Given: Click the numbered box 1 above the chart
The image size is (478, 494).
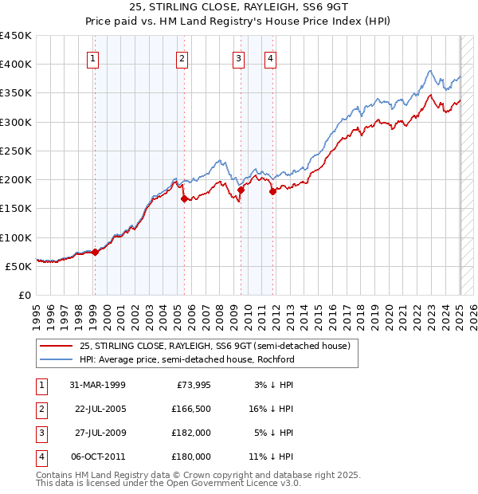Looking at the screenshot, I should (x=94, y=57).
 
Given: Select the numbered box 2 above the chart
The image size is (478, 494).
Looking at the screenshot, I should (x=182, y=57).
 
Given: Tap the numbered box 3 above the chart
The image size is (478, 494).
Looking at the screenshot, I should (x=238, y=57).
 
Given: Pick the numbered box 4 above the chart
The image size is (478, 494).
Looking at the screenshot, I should (x=271, y=57).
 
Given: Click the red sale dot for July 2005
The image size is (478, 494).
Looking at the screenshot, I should (x=184, y=199).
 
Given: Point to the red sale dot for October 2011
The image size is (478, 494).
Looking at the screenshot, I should (x=272, y=191).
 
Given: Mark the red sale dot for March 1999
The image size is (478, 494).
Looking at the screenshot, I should (x=95, y=252).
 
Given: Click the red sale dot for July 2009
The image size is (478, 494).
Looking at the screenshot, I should (x=241, y=190).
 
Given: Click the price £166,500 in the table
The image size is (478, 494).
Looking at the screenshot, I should (x=191, y=409).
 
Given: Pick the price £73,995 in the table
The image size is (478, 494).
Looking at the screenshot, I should (x=194, y=385).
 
